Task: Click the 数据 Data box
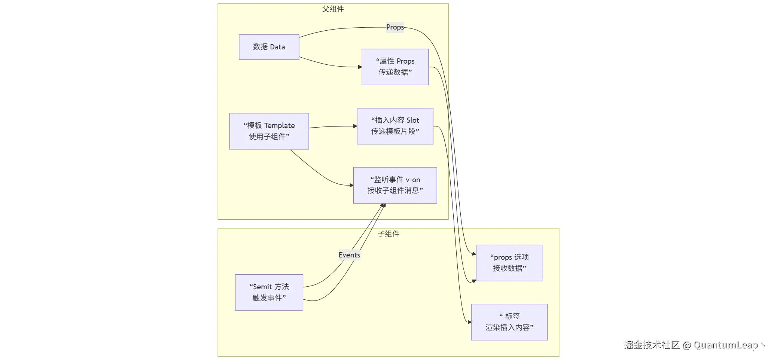(269, 47)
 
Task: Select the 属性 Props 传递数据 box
(395, 67)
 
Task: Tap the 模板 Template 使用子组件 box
(269, 131)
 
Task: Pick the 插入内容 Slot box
(395, 126)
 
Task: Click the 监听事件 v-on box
(395, 185)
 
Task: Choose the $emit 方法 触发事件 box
(269, 293)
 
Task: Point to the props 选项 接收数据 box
(509, 263)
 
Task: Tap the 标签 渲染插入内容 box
(509, 322)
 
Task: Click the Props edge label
(395, 27)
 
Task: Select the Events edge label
(349, 255)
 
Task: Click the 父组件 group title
(333, 9)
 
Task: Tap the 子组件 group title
(388, 234)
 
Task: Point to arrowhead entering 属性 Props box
(360, 67)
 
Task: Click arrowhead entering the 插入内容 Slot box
(355, 126)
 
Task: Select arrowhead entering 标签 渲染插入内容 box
(469, 322)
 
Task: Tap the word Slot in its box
(413, 120)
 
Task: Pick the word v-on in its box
(413, 180)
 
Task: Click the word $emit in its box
(262, 287)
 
